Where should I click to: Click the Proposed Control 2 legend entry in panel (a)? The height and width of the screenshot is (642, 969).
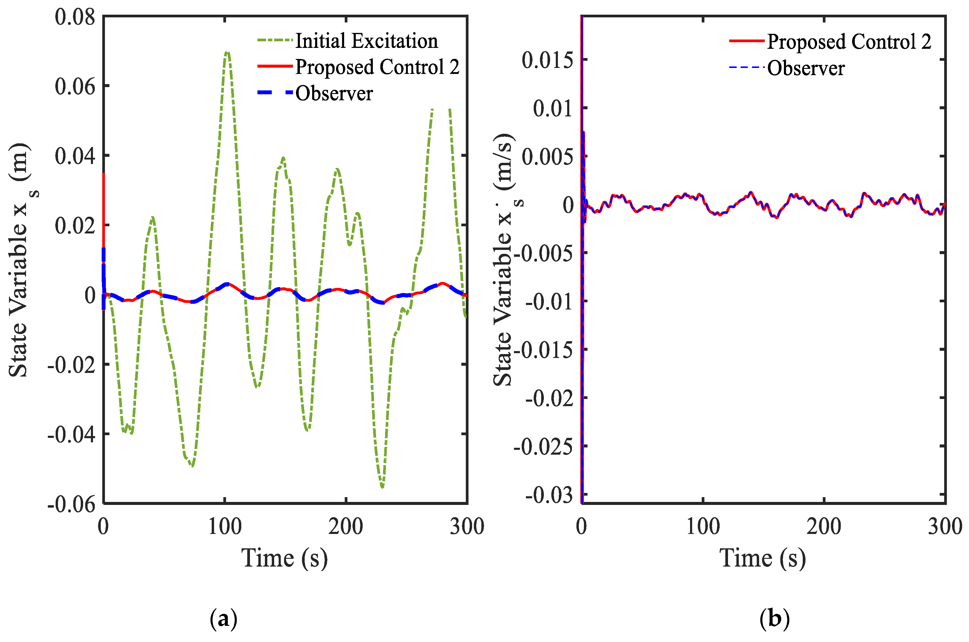377,67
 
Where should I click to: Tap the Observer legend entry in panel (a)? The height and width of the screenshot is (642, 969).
334,93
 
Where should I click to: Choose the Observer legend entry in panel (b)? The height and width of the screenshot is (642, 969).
805,68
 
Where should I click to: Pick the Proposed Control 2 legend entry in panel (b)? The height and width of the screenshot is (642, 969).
849,42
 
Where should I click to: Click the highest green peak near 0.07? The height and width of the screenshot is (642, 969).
228,52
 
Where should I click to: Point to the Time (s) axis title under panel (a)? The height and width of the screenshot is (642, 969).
285,558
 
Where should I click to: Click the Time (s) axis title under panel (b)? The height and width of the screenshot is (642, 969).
763,558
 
